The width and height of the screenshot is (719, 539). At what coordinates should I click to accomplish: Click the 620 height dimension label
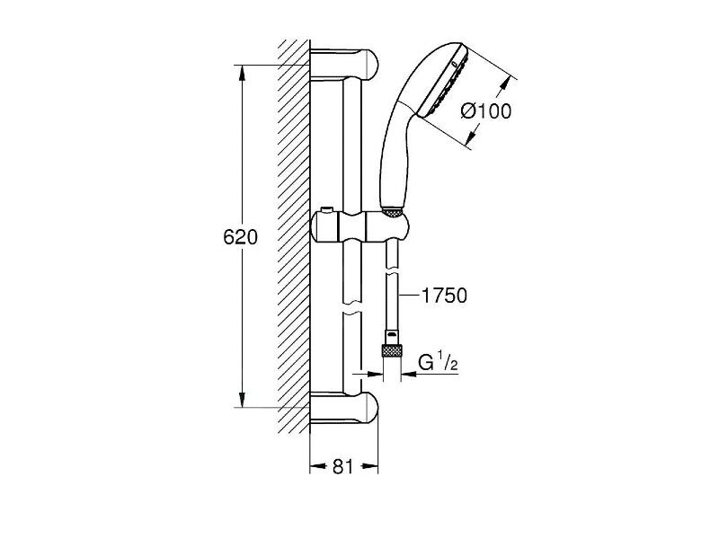coord(240,237)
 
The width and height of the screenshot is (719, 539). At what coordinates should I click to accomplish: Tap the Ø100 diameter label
coord(485,111)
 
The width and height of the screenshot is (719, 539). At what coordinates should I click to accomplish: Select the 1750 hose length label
coord(444,296)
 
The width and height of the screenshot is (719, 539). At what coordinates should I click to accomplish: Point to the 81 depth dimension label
coord(343,466)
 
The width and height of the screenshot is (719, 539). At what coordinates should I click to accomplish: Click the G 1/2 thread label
coord(438,362)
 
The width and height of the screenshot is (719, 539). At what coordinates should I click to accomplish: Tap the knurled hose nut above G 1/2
coord(392,351)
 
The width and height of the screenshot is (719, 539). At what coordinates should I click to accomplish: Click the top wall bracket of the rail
coord(344,65)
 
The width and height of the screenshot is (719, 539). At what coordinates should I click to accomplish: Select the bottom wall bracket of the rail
coord(344,408)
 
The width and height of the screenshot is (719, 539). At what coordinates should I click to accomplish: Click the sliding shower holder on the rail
coord(360,226)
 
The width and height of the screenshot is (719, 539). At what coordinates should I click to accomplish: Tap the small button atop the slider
coord(326,210)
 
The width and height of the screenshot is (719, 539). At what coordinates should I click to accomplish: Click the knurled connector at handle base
coord(393,212)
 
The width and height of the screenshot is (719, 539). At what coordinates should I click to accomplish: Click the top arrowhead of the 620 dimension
coord(243,73)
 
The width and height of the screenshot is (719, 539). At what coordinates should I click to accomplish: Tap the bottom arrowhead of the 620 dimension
coord(243,400)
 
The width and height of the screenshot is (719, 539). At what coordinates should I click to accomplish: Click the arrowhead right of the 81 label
coord(370,466)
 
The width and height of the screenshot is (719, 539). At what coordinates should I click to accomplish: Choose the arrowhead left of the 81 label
coord(318,466)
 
